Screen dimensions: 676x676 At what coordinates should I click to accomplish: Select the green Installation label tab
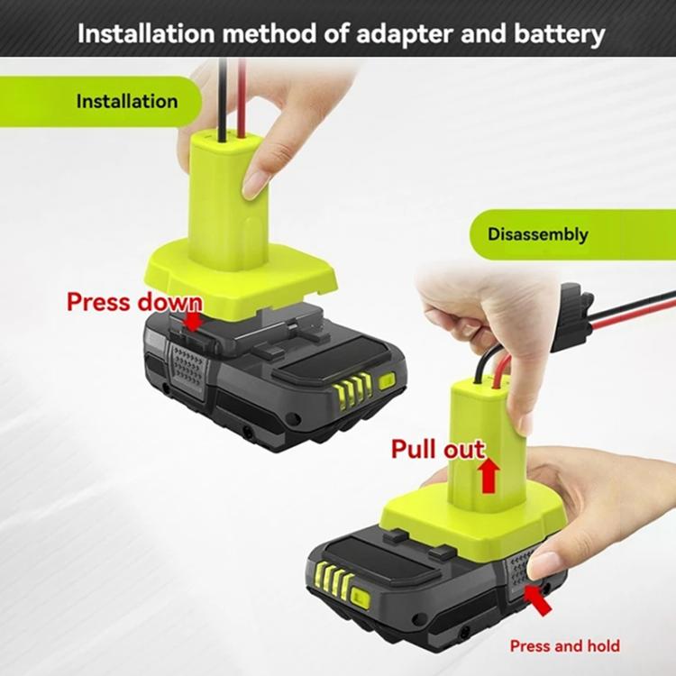point(126,101)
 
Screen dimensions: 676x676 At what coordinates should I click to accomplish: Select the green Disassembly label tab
point(538,234)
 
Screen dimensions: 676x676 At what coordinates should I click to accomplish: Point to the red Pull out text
point(437,448)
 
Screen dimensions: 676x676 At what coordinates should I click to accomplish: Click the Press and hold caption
point(564,645)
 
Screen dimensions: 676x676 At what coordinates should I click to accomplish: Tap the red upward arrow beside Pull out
point(489,474)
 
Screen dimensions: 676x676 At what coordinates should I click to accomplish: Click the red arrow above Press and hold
point(539,598)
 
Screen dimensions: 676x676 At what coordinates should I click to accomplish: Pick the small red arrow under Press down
point(193,323)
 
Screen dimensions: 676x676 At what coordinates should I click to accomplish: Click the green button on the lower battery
point(361,597)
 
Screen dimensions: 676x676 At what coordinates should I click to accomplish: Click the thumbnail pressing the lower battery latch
point(544,565)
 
